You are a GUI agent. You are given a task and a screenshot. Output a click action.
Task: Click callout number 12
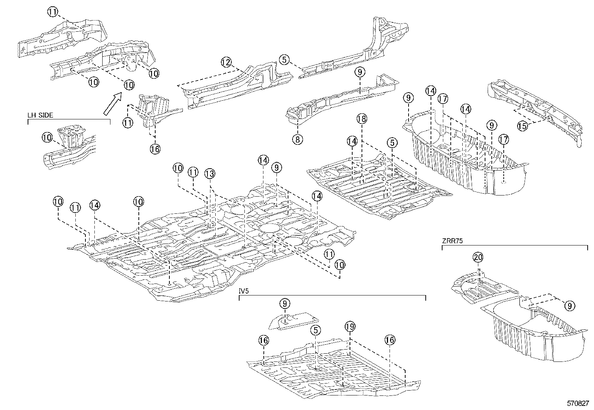click(x=226, y=62)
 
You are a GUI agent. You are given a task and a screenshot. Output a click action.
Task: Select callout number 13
click(x=210, y=173)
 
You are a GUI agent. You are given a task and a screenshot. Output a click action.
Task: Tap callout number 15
click(x=522, y=126)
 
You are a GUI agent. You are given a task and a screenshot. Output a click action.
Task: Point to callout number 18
click(x=362, y=119)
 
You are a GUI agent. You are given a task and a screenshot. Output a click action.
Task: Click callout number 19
click(x=350, y=327)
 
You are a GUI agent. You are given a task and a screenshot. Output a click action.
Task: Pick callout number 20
click(x=478, y=257)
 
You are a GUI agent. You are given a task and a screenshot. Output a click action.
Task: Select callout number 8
click(x=297, y=140)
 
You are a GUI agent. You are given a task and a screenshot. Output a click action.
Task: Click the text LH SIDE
click(x=40, y=115)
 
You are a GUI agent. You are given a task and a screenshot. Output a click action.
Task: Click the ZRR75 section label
click(x=452, y=241)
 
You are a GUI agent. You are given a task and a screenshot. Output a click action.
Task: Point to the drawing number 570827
click(x=578, y=403)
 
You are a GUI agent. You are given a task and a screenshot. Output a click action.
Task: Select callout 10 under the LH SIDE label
click(x=47, y=138)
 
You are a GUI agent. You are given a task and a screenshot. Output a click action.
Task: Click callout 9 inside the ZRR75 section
click(x=569, y=306)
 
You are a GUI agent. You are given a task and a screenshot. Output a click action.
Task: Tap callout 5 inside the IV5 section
click(x=315, y=330)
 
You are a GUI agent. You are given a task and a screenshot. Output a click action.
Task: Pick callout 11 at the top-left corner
click(x=53, y=12)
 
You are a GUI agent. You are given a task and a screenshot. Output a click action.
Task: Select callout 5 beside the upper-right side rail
click(x=285, y=59)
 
